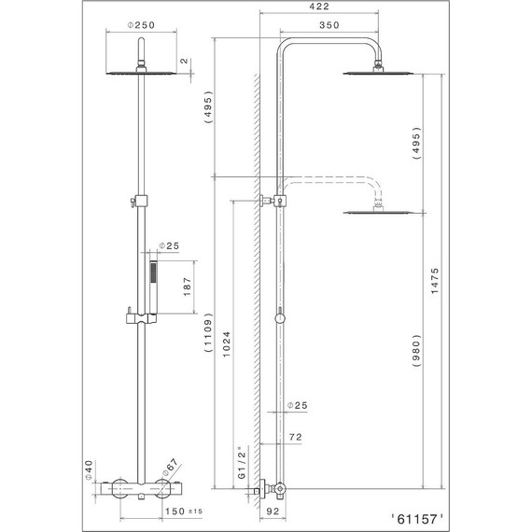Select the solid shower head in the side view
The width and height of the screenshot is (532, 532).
click(x=378, y=72)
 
